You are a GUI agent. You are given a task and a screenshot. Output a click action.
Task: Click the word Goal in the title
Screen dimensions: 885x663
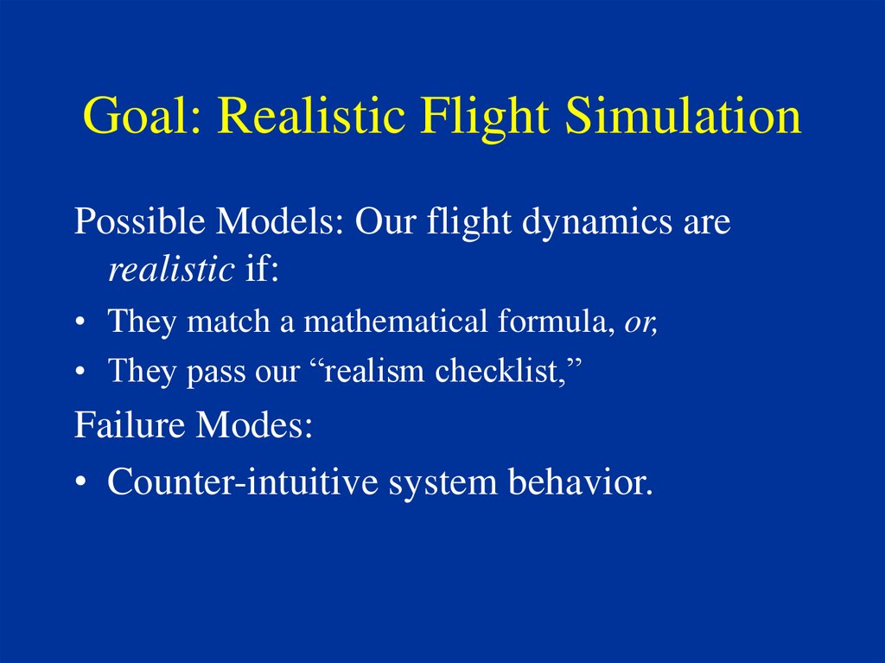pos(142,115)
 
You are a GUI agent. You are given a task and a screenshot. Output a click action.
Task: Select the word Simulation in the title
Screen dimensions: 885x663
pos(683,115)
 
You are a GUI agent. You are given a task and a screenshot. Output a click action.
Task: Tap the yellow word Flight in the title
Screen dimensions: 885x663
pos(484,118)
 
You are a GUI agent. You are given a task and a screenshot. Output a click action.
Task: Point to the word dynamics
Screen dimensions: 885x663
pos(597,221)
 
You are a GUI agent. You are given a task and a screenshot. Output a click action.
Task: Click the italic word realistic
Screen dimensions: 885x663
pos(171,269)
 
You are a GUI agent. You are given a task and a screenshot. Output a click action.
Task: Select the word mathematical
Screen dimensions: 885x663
pos(395,321)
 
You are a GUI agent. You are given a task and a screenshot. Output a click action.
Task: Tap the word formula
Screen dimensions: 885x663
pos(557,322)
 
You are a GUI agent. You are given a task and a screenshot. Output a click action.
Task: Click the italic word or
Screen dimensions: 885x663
pos(640,323)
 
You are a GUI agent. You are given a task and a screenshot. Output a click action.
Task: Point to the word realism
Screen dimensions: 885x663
pos(374,371)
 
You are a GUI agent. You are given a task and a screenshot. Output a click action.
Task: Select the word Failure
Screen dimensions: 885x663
pos(130,424)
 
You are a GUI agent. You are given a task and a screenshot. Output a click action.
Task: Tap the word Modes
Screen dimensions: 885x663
pos(254,424)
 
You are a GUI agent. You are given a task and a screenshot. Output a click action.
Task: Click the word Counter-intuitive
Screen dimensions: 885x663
pos(243,481)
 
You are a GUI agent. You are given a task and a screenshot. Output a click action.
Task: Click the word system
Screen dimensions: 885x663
pos(443,485)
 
